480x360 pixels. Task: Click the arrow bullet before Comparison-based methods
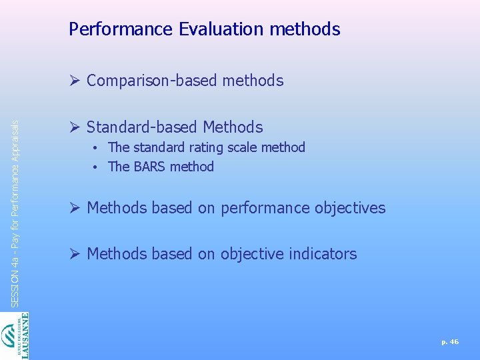point(74,81)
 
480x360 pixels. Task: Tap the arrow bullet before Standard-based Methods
point(74,127)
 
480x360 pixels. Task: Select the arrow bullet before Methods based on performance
point(74,208)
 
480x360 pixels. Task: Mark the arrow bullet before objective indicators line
point(74,254)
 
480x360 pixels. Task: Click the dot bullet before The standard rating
point(97,148)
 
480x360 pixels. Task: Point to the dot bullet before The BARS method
point(97,167)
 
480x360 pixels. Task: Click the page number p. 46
point(450,342)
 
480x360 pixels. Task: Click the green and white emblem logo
point(10,337)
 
